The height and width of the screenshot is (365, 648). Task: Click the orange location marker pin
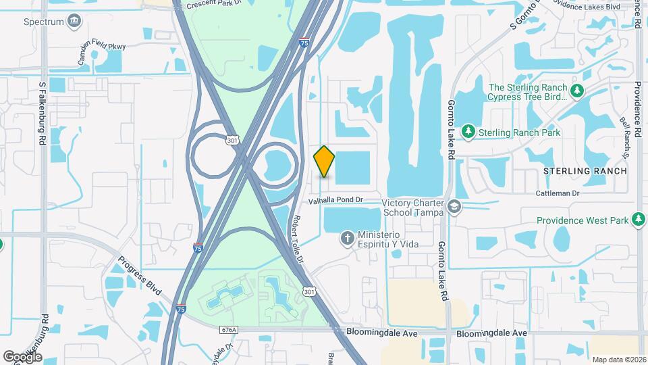[325, 161]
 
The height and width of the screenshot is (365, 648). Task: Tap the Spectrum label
[43, 22]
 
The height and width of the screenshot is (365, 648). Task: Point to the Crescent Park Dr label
[215, 4]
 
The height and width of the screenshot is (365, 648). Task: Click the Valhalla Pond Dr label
[335, 200]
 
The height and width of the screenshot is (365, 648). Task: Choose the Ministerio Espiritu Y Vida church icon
[347, 238]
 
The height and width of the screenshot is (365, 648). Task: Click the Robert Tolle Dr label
[298, 240]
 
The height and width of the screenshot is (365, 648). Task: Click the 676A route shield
[229, 330]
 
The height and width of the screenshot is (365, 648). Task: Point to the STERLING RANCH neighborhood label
[585, 171]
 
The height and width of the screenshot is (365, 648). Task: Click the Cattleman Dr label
[558, 193]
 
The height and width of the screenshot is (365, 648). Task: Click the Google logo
[22, 356]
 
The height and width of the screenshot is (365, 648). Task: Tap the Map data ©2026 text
[618, 360]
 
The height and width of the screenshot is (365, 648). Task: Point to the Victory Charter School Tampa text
[412, 207]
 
